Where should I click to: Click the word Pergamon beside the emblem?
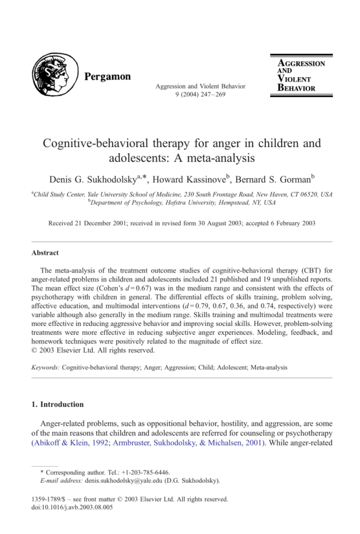pos(108,77)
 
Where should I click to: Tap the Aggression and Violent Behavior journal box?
pos(301,75)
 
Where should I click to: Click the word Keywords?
pos(46,366)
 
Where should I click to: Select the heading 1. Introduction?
pos(57,404)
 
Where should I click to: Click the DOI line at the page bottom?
pos(69,508)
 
